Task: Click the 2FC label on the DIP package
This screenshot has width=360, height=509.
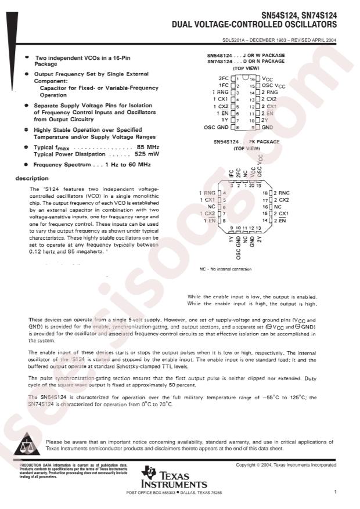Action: pyautogui.click(x=224, y=78)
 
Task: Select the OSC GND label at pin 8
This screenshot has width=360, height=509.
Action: pyautogui.click(x=215, y=127)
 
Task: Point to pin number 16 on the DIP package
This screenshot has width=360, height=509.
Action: pyautogui.click(x=253, y=78)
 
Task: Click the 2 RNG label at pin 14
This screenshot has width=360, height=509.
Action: pyautogui.click(x=271, y=92)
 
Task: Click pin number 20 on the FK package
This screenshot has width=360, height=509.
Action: pyautogui.click(x=251, y=185)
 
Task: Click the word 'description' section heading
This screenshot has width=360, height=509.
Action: pyautogui.click(x=33, y=178)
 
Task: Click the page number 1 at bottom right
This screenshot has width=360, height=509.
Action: pyautogui.click(x=335, y=492)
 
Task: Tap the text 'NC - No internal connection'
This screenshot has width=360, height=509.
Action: pyautogui.click(x=225, y=269)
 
